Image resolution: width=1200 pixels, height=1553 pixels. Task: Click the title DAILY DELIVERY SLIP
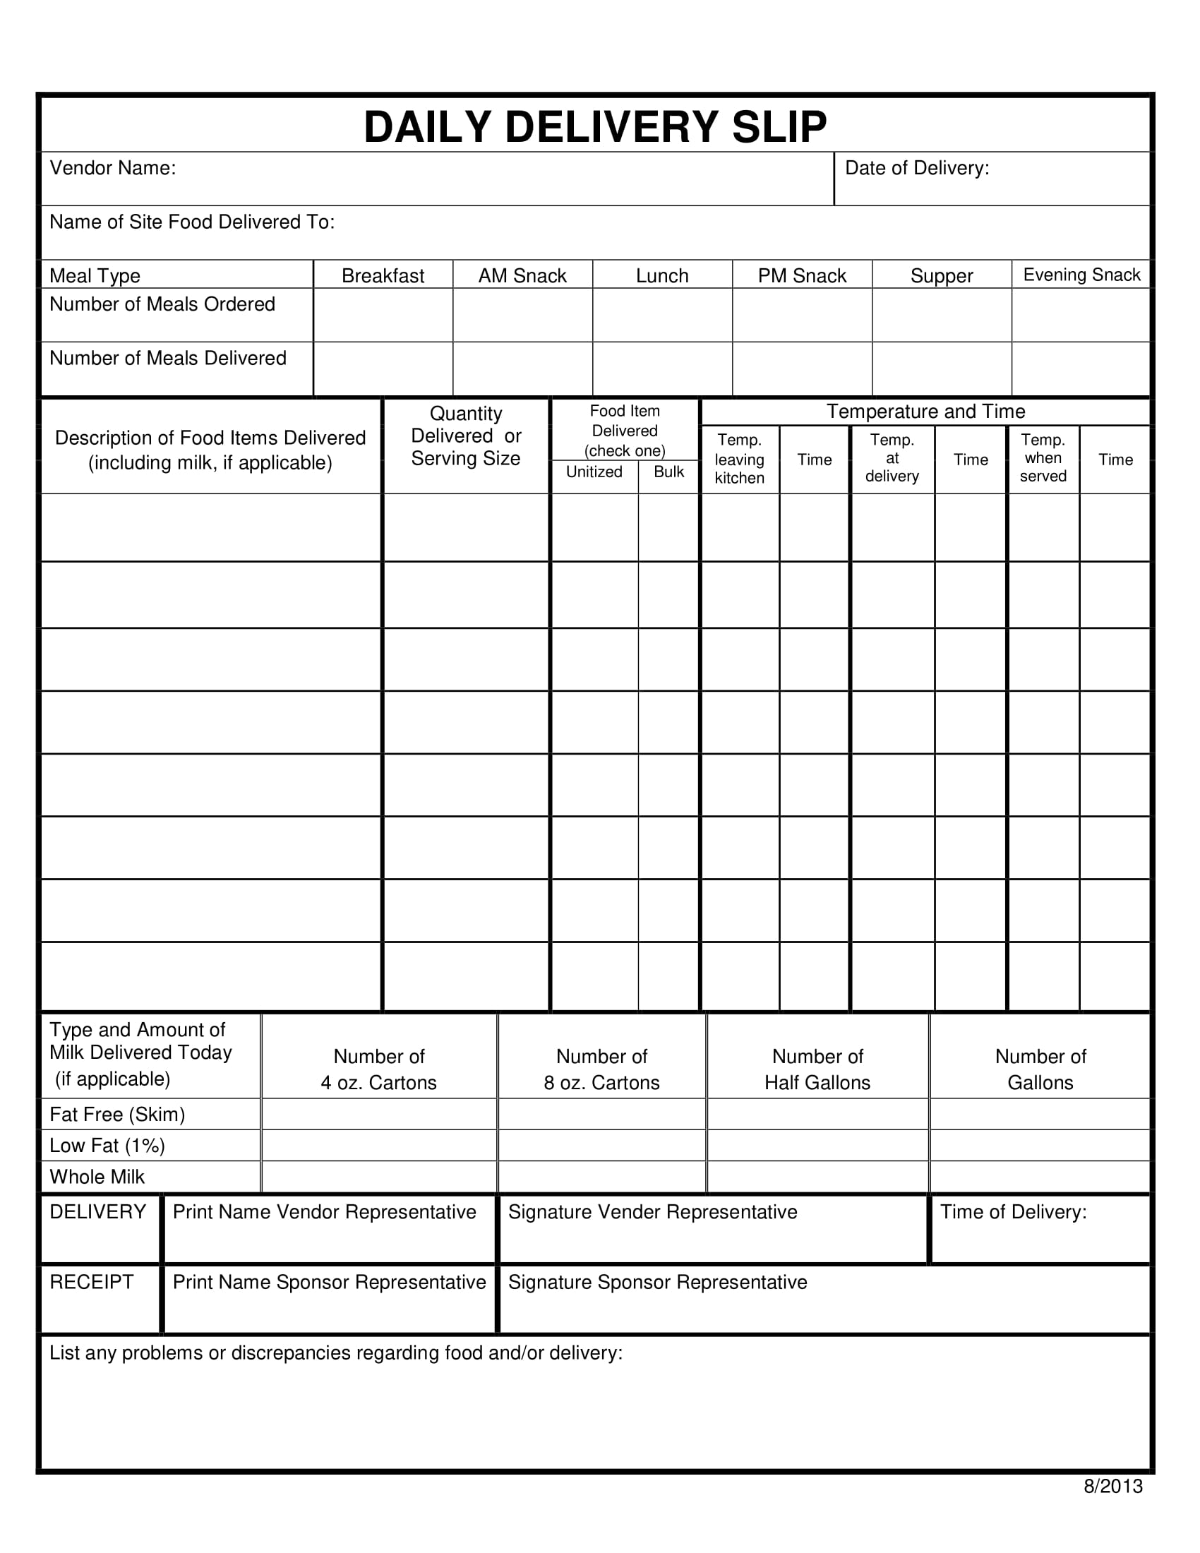tap(595, 127)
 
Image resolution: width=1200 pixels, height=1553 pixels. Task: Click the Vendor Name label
tap(112, 168)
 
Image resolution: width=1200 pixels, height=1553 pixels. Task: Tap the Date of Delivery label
tap(916, 168)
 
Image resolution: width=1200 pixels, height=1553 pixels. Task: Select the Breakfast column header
tap(383, 275)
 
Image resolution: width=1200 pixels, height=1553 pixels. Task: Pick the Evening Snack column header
tap(1081, 275)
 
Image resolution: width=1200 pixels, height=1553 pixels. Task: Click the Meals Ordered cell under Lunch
tap(662, 315)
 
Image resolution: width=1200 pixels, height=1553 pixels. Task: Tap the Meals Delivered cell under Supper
tap(941, 369)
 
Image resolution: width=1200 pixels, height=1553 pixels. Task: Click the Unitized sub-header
tap(594, 472)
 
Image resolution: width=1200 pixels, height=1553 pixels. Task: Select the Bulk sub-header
tap(668, 472)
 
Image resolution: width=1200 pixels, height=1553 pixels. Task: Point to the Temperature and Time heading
tap(925, 411)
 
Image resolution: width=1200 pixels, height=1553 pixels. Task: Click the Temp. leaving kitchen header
tap(739, 459)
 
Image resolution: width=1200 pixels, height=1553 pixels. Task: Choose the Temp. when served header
tap(1043, 458)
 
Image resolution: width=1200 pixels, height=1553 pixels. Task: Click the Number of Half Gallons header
tap(817, 1069)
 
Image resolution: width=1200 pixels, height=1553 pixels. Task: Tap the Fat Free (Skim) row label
tap(117, 1114)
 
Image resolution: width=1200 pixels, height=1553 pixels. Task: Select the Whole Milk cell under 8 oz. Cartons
tap(601, 1177)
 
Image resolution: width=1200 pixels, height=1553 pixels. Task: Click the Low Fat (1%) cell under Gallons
tap(1040, 1146)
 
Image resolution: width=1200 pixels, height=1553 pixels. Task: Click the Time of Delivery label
tap(1013, 1211)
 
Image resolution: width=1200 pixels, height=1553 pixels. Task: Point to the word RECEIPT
tap(92, 1282)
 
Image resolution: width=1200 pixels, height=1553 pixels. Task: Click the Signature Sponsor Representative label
tap(658, 1282)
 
